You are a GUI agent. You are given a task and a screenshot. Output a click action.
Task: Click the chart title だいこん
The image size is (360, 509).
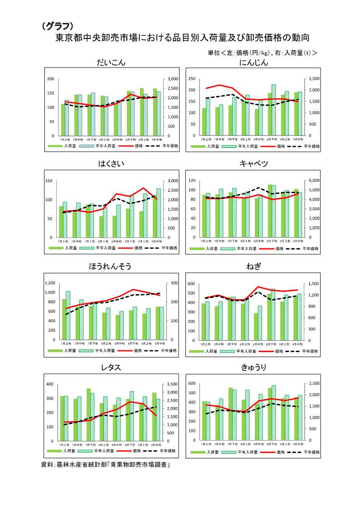pyautogui.click(x=111, y=63)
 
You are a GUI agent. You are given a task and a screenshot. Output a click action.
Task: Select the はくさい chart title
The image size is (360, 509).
pyautogui.click(x=111, y=164)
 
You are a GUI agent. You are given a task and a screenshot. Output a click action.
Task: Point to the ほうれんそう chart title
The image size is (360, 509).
pyautogui.click(x=111, y=266)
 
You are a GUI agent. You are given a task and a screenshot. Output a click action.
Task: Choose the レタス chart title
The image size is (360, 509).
pyautogui.click(x=111, y=367)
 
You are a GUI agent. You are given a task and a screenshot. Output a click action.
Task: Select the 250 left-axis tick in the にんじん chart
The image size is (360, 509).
pyautogui.click(x=192, y=78)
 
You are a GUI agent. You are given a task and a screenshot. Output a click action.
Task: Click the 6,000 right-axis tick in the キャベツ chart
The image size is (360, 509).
pyautogui.click(x=314, y=180)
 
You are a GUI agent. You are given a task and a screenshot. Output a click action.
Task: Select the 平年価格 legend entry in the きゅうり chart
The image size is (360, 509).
pyautogui.click(x=311, y=452)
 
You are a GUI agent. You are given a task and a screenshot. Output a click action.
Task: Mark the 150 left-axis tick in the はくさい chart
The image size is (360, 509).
pyautogui.click(x=49, y=180)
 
